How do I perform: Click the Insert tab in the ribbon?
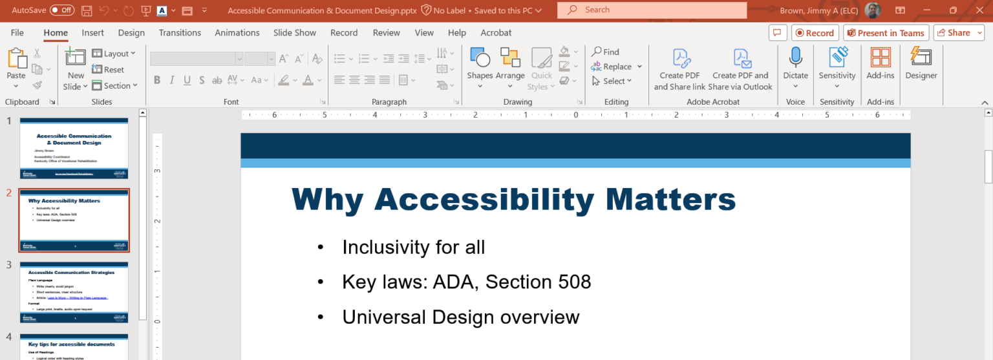pyautogui.click(x=92, y=33)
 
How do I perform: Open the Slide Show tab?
pyautogui.click(x=294, y=33)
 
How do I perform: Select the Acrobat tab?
pyautogui.click(x=496, y=33)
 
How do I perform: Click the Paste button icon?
pyautogui.click(x=16, y=59)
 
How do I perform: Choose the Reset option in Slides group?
pyautogui.click(x=108, y=70)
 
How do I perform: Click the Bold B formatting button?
pyautogui.click(x=157, y=80)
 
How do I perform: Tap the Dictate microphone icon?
pyautogui.click(x=795, y=58)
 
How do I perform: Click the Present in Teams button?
pyautogui.click(x=886, y=33)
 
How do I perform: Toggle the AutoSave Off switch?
pyautogui.click(x=62, y=10)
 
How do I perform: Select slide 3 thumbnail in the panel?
pyautogui.click(x=74, y=291)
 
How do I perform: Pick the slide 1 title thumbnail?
pyautogui.click(x=74, y=148)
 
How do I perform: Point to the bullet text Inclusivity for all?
pyautogui.click(x=413, y=248)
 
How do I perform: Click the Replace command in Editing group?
pyautogui.click(x=617, y=67)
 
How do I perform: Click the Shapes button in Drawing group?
pyautogui.click(x=480, y=63)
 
